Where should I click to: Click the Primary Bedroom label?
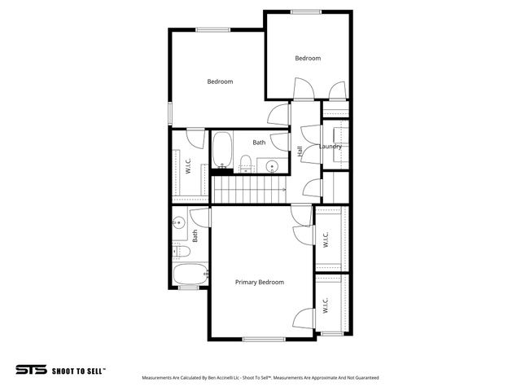[260, 282]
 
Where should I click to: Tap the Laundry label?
[330, 147]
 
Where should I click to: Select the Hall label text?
[300, 152]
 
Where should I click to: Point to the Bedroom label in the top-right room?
[308, 59]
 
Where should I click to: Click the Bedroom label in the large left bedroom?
[220, 81]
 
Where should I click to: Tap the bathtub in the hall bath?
[222, 150]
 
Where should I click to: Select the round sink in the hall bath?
[274, 165]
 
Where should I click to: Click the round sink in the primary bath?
[178, 220]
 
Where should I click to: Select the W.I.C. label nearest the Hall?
[325, 239]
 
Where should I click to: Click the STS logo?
[31, 369]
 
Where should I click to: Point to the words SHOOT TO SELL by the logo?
[78, 370]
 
